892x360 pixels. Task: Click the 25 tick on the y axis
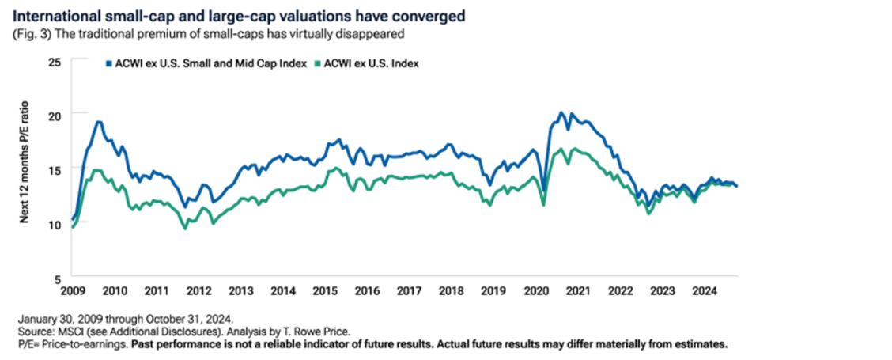coord(54,61)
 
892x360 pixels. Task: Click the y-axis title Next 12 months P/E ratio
coord(25,169)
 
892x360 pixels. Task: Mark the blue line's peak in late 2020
coord(561,112)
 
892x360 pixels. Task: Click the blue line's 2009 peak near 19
coord(98,121)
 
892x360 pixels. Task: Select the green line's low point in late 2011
coord(186,228)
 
